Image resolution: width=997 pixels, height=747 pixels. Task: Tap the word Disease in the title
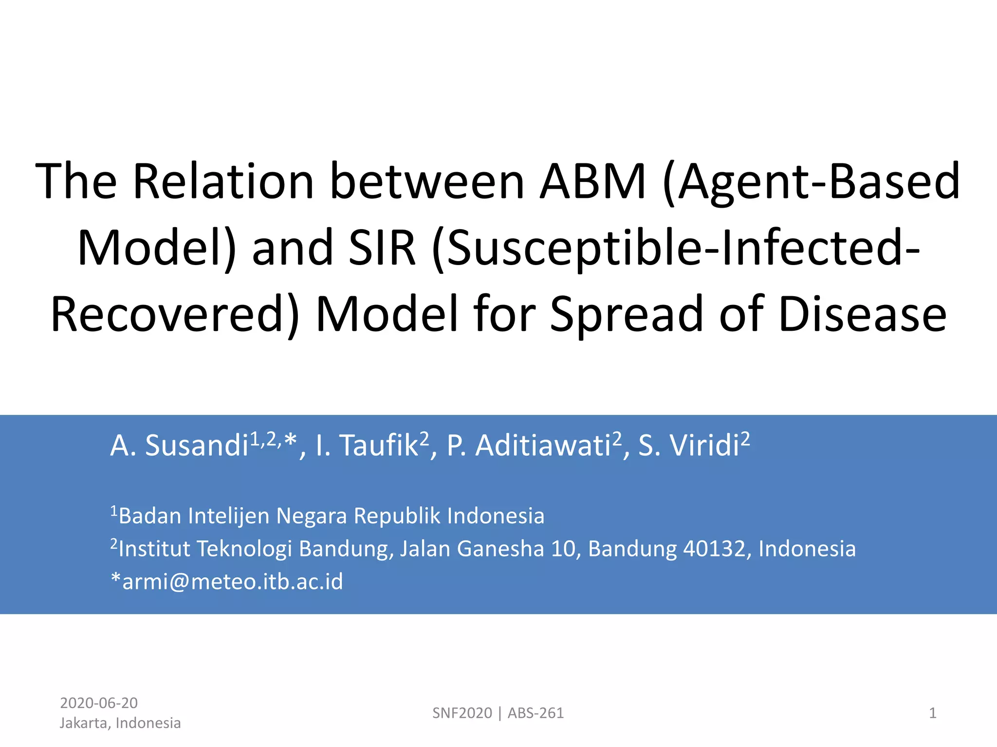coord(862,314)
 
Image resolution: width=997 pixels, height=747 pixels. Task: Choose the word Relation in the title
coord(223,181)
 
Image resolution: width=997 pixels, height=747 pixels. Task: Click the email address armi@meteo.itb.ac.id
coord(232,581)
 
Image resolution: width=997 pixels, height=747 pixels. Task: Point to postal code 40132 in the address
coord(714,549)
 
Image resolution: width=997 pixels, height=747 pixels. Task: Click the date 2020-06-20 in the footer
coord(99,703)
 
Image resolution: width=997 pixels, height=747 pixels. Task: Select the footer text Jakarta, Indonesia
coord(120,723)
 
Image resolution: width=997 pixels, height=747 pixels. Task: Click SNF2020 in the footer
coord(462,713)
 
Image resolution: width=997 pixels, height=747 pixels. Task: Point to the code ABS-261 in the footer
coord(535,713)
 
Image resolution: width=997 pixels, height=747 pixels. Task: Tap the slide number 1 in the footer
coord(932,713)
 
